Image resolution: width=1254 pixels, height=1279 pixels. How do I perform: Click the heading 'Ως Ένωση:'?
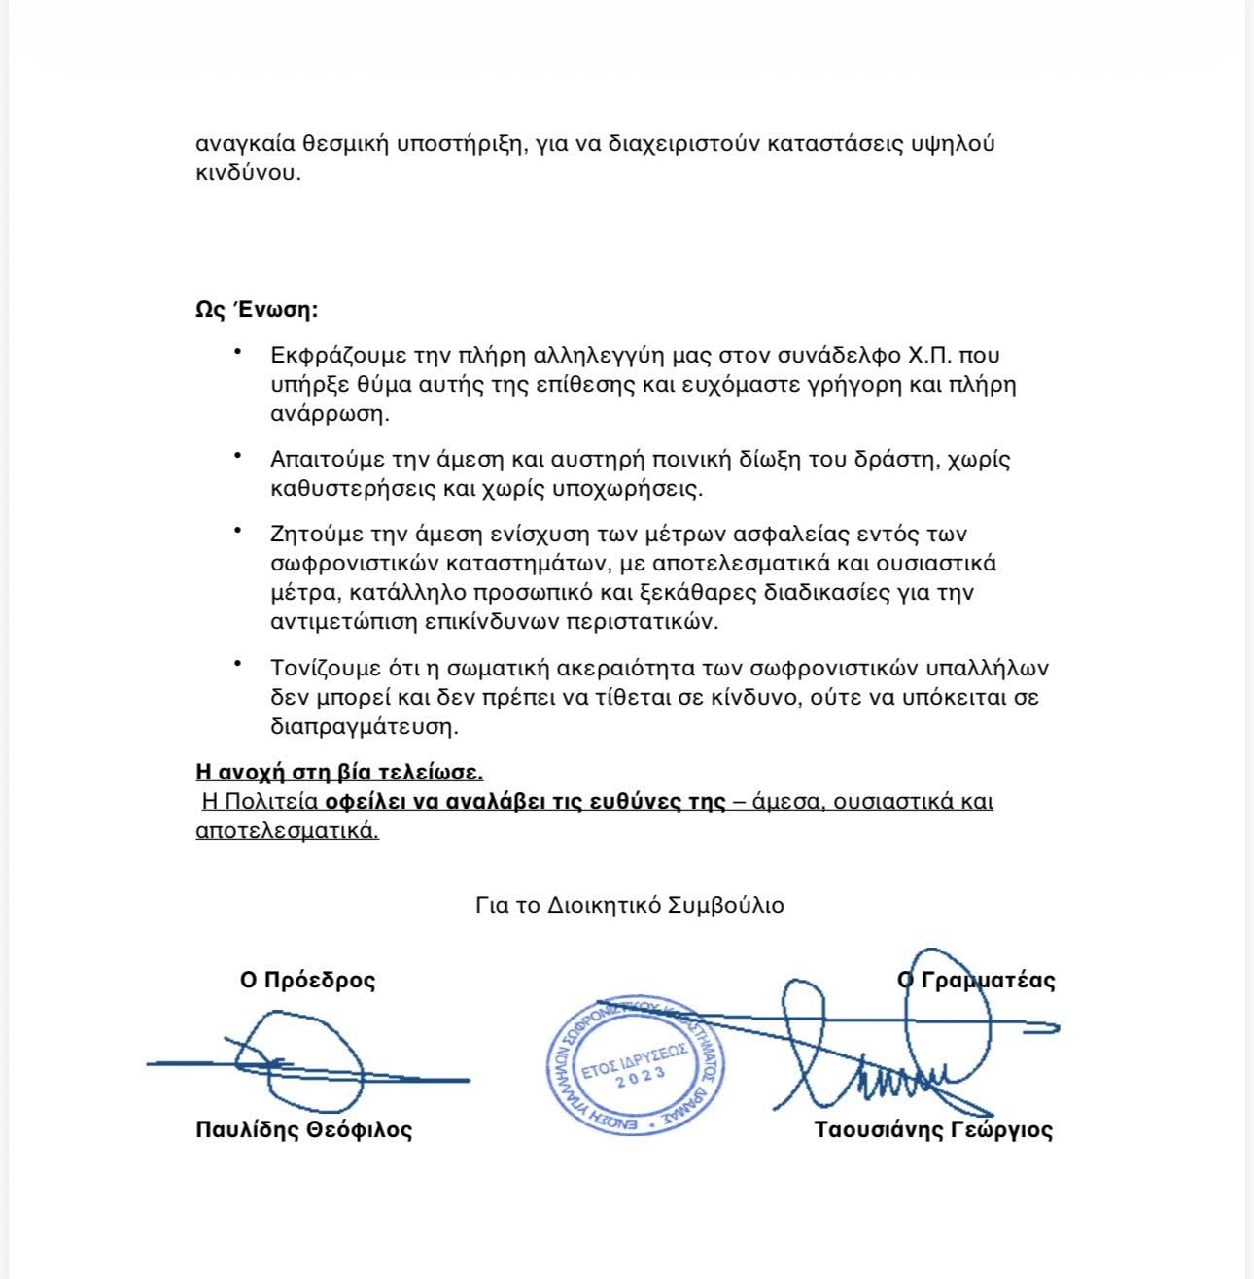[x=257, y=311]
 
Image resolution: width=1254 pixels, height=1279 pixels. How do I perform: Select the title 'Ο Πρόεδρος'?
[x=307, y=980]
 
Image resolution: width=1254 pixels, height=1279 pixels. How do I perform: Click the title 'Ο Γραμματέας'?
[x=976, y=980]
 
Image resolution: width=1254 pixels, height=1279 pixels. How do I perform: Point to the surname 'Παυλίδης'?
[x=247, y=1129]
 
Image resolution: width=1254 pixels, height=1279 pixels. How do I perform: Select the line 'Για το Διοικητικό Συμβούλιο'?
[x=630, y=905]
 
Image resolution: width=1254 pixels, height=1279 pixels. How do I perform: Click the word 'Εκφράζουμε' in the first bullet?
[x=331, y=356]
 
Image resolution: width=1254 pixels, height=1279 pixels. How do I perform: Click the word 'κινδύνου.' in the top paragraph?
[x=249, y=174]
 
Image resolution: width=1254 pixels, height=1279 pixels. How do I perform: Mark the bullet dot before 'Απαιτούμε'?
[x=237, y=454]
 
